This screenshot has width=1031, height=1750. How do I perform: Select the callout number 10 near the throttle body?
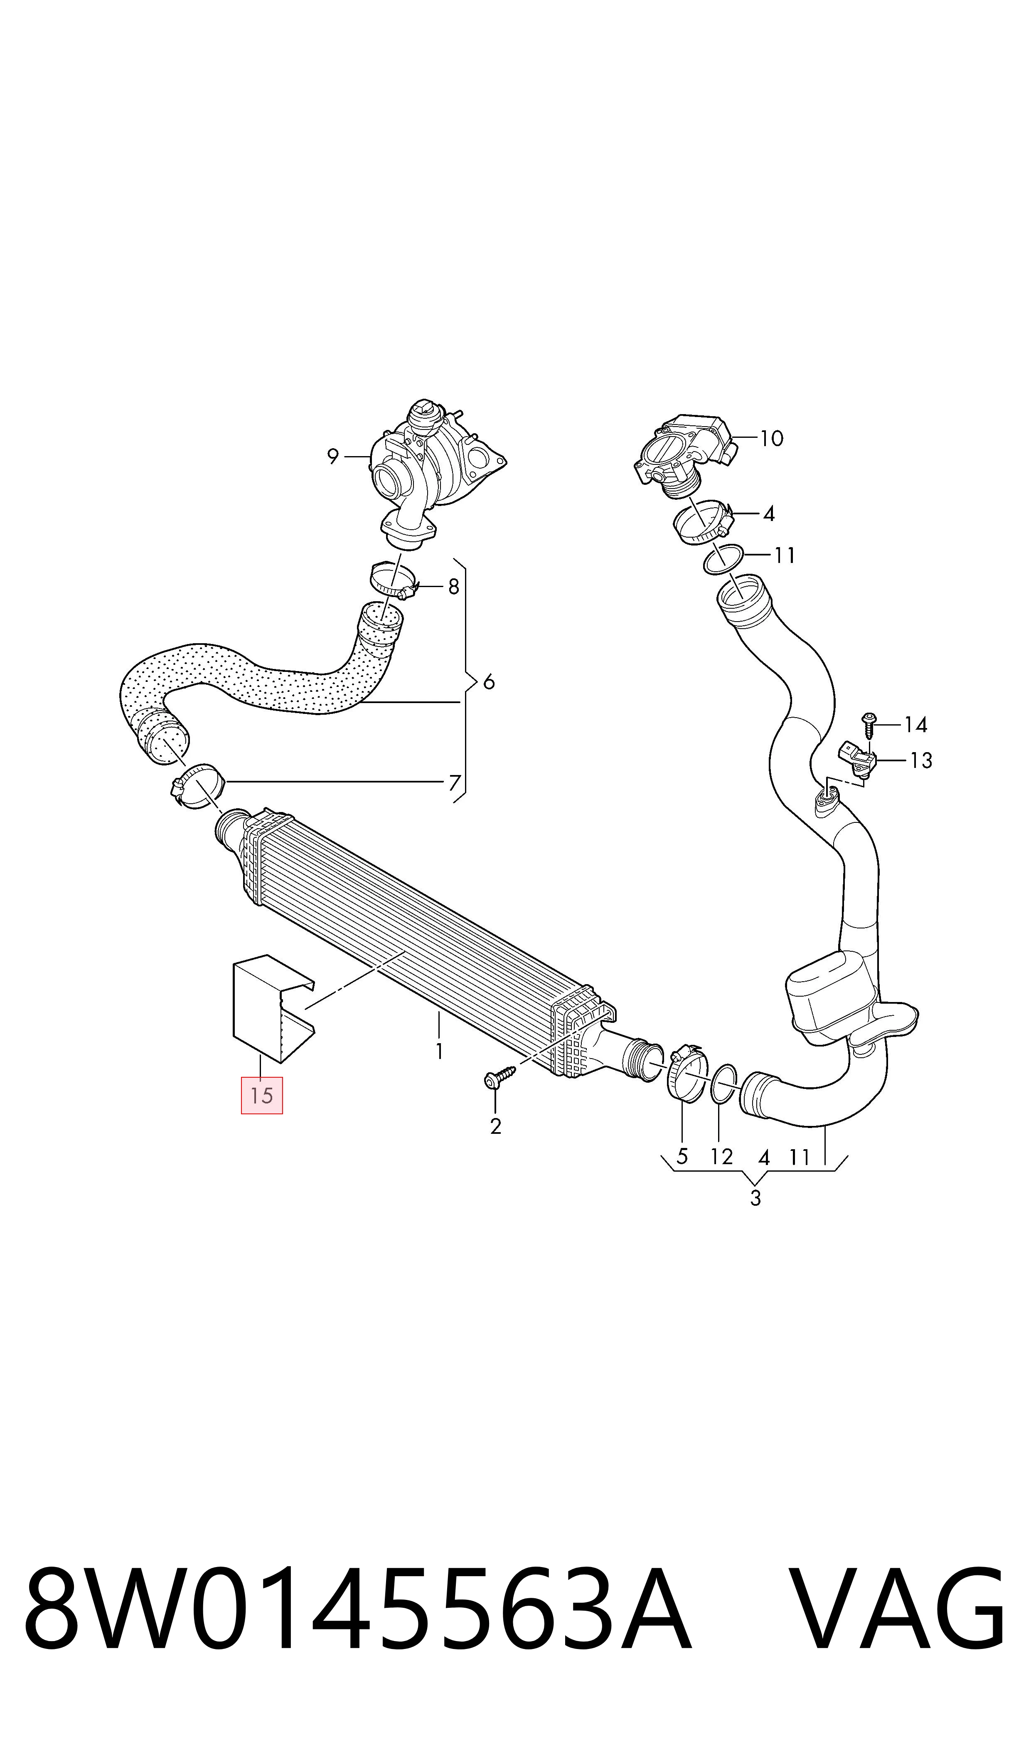(771, 439)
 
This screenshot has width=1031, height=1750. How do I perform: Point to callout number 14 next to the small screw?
(915, 725)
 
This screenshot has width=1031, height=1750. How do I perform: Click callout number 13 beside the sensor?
(921, 760)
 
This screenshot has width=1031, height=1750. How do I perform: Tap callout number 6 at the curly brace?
(489, 682)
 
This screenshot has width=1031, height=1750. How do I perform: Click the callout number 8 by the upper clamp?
(454, 587)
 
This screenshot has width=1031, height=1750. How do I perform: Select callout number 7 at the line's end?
(454, 783)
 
